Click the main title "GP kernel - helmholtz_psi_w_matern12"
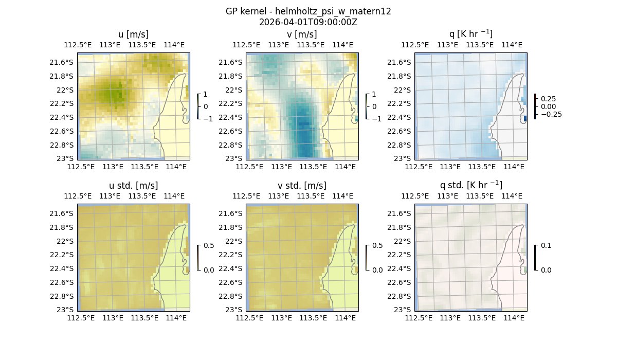tap(308, 11)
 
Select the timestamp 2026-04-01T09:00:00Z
tap(308, 22)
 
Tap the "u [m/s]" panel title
tap(133, 34)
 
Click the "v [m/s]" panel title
tap(302, 34)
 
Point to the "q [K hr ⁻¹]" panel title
tap(470, 34)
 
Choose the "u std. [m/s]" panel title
tap(133, 186)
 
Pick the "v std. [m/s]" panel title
tap(302, 186)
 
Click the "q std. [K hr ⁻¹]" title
tap(470, 185)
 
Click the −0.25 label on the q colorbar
tap(551, 114)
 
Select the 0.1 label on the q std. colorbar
tap(546, 246)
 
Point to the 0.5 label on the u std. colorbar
tap(209, 246)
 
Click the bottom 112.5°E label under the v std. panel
tap(249, 318)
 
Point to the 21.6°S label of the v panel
tap(230, 62)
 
